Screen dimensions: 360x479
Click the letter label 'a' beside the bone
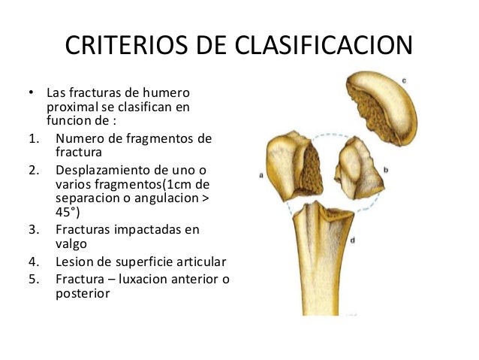click(260, 175)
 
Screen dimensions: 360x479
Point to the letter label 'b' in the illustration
click(385, 171)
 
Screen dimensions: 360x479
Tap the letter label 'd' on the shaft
click(352, 240)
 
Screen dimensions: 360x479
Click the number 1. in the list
click(33, 138)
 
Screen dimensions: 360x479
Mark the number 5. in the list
click(33, 280)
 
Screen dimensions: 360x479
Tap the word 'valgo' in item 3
click(71, 244)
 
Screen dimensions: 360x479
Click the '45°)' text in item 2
click(68, 211)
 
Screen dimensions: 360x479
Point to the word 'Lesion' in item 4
click(74, 262)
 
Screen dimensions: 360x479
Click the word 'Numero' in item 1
click(79, 138)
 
